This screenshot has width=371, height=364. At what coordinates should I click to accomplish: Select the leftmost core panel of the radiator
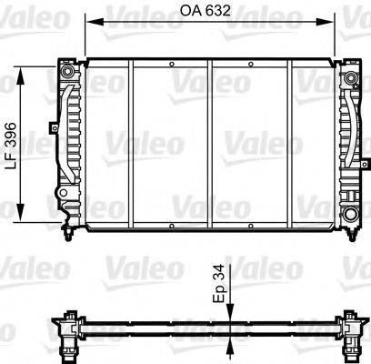(108, 141)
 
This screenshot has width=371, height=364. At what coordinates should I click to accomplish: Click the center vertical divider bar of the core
(211, 141)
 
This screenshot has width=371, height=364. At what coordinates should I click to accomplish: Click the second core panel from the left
(171, 141)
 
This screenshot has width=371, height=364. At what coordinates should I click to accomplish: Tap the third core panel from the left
(251, 141)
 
